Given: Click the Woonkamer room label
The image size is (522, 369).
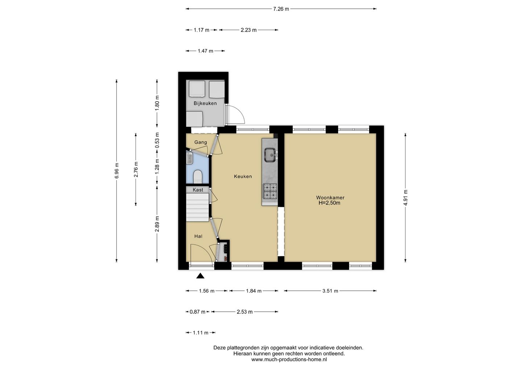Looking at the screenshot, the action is [330, 198].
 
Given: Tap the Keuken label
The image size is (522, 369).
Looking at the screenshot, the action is [243, 177].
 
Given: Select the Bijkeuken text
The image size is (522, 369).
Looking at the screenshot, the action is [205, 103].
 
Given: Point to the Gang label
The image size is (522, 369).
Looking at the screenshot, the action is [201, 142].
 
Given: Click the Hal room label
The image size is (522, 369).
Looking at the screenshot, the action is [198, 236].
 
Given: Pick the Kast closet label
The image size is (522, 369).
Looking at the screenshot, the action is [198, 190].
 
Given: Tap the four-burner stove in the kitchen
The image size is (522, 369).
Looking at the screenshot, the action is [270, 191].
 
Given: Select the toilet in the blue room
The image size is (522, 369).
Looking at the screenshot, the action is [198, 177].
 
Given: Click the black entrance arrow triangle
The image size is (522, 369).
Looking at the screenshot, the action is [200, 276].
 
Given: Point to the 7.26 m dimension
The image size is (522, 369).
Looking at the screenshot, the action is [281, 9].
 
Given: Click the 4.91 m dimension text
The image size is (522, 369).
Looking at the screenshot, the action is [406, 198].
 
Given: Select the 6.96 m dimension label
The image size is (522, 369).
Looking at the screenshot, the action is [117, 170].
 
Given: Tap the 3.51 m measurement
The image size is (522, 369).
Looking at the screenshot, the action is [330, 291].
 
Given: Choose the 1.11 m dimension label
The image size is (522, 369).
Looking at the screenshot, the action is [200, 333].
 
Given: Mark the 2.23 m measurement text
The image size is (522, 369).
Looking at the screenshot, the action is [249, 30].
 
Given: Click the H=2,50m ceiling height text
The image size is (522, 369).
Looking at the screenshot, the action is [329, 203].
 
